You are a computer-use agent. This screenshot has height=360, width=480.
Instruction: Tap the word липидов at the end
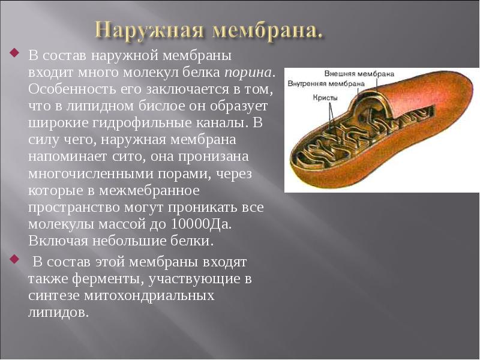pyautogui.click(x=58, y=313)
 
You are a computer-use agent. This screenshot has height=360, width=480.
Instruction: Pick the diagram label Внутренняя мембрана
pyautogui.click(x=326, y=83)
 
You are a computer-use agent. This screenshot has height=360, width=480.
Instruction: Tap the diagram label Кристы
pyautogui.click(x=325, y=97)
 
